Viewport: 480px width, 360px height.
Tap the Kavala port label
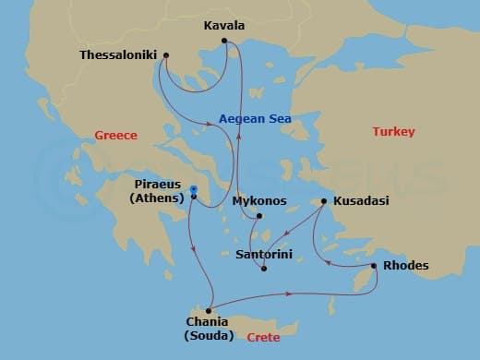coord(222,27)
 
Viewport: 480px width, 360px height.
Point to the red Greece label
coord(115,136)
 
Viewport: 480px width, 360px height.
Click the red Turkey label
coord(394,132)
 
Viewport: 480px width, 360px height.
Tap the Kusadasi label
coord(361,200)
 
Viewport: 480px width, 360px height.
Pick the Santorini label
coord(265,252)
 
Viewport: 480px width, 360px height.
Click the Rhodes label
coord(405,266)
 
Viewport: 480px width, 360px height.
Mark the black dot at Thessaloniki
coord(165,55)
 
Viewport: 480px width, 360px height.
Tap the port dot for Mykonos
coord(259,217)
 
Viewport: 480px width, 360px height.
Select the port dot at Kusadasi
coord(324,201)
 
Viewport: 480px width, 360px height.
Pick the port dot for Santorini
coord(264,269)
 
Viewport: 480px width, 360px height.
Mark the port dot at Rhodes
coord(374,267)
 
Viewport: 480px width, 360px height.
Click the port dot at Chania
coord(211,310)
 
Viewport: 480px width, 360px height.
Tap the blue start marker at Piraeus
coord(193,191)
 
